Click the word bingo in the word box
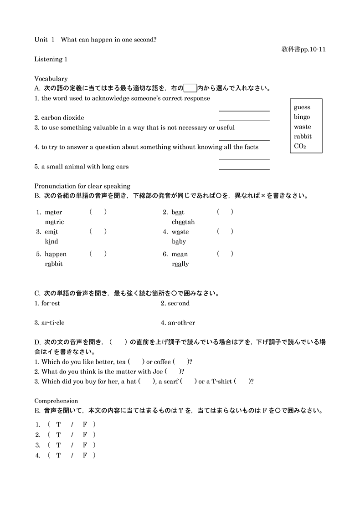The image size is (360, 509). point(302,117)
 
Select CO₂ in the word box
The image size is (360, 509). point(300,146)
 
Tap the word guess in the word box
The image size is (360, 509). point(302,107)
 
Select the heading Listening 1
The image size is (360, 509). point(51,59)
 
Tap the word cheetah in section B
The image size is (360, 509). point(183,222)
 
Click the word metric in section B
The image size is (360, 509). point(54,222)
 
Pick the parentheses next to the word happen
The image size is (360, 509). point(98,254)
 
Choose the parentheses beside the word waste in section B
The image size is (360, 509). point(225,232)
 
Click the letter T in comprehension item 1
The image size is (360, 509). point(58,425)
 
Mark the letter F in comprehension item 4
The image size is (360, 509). point(85,455)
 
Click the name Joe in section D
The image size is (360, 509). point(158,372)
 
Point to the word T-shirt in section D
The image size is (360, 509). point(221,382)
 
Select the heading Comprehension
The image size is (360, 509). point(56,401)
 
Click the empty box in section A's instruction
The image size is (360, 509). point(190,88)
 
